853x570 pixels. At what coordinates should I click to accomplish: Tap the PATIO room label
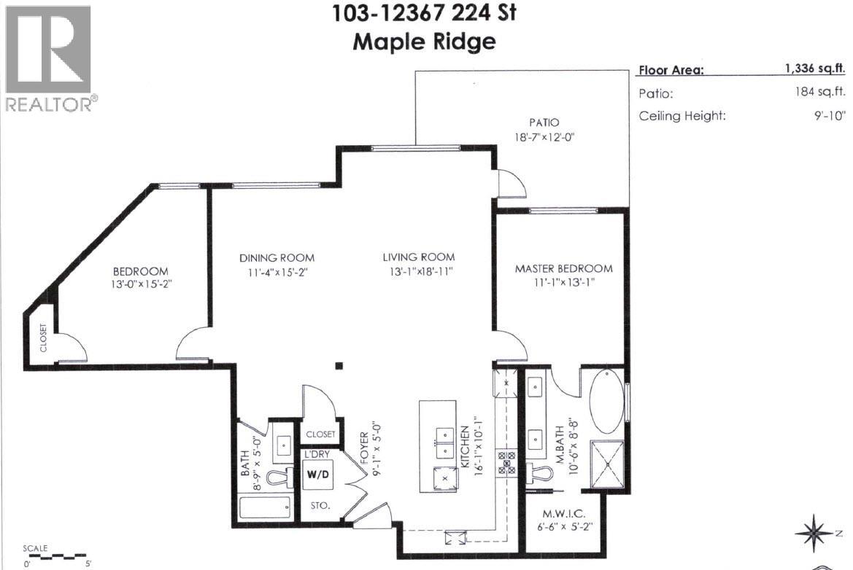point(544,122)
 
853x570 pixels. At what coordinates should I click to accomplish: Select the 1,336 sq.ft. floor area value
point(814,69)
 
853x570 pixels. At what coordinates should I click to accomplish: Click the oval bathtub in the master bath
point(606,402)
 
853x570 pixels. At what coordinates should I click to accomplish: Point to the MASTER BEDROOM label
point(563,268)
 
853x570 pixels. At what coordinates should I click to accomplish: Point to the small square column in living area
point(339,366)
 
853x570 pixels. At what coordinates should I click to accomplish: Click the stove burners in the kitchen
point(506,463)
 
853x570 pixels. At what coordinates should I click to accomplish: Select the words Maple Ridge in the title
point(424,42)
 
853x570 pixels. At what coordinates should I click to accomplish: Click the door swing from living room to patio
point(511,184)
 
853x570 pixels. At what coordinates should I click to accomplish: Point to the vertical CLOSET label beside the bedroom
point(43,338)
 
